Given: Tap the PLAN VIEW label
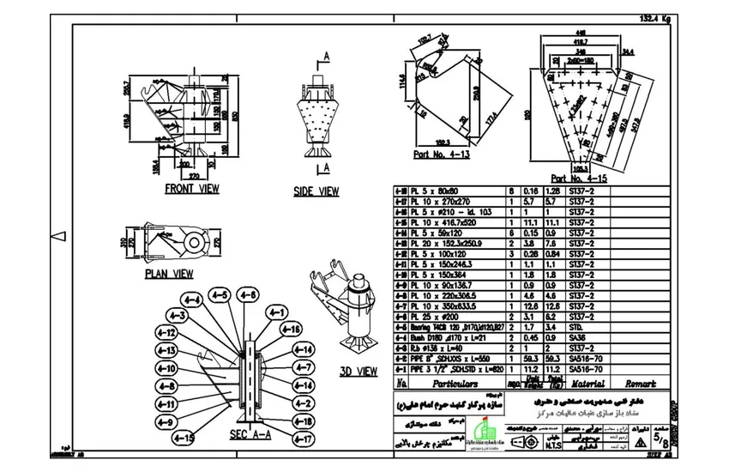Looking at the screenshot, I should pos(168,274).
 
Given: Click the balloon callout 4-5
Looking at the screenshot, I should pos(220,296).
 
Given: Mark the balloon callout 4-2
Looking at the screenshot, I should pos(303,402).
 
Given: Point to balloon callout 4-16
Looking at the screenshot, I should pos(292,330).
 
